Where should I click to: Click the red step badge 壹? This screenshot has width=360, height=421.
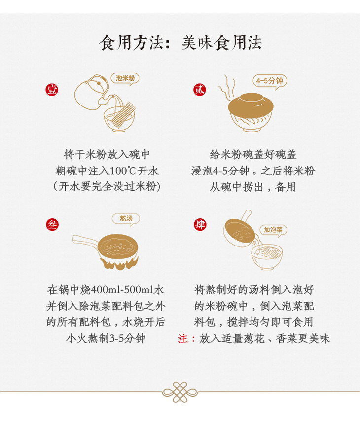52,89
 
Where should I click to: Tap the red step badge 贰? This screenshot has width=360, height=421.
200,89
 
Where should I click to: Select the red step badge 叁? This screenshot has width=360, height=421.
52,224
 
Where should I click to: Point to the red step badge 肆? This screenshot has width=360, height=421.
200,224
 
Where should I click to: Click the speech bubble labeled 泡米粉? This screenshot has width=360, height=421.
125,79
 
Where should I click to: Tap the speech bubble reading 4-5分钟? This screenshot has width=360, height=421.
270,81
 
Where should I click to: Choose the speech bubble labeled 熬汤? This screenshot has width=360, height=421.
126,219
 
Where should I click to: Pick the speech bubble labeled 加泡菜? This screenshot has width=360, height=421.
273,230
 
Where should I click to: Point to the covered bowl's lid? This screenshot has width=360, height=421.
251,105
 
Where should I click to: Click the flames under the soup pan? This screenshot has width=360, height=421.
119,264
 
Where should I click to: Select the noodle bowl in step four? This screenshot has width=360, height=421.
267,256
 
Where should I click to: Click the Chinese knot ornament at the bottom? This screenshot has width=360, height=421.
180,392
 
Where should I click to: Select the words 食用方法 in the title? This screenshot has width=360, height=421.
131,43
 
